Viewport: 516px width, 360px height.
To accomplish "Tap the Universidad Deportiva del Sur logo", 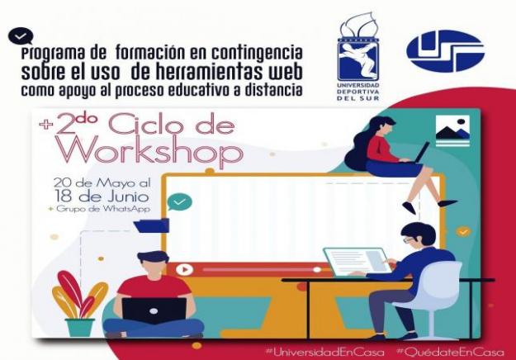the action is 358,56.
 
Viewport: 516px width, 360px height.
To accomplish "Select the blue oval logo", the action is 445,50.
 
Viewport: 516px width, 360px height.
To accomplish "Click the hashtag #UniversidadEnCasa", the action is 324,353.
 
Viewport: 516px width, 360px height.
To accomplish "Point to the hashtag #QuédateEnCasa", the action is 450,353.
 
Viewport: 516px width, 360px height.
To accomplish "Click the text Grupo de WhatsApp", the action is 100,209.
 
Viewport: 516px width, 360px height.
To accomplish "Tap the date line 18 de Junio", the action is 102,197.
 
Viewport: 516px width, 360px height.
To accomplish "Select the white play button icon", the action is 184,270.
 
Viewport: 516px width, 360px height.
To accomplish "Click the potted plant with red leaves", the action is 80,303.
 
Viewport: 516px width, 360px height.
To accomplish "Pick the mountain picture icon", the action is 452,131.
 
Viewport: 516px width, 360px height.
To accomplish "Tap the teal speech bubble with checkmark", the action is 179,202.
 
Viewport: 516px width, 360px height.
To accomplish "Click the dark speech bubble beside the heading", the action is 21,36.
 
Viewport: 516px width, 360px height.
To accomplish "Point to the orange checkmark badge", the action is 463,232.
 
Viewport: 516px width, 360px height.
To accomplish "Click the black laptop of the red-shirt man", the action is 154,311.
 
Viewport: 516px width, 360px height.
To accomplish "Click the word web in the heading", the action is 283,73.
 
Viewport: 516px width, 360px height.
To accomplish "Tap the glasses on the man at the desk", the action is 409,240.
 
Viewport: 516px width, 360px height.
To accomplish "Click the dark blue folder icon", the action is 151,225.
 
